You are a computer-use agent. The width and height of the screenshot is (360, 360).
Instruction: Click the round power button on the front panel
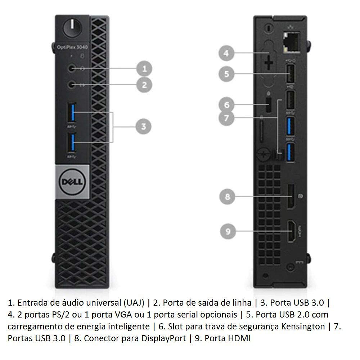click(71, 27)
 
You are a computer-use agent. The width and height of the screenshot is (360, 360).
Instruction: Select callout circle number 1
click(144, 68)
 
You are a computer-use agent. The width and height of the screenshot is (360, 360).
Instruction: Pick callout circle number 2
click(144, 85)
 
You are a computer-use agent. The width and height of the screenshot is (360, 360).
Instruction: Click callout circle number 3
click(143, 126)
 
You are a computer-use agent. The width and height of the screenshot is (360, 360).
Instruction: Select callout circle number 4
click(226, 54)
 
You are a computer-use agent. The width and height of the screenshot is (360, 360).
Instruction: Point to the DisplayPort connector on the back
click(291, 196)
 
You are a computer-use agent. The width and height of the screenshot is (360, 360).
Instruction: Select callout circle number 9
click(228, 231)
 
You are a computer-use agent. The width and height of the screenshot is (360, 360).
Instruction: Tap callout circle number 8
click(227, 197)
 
